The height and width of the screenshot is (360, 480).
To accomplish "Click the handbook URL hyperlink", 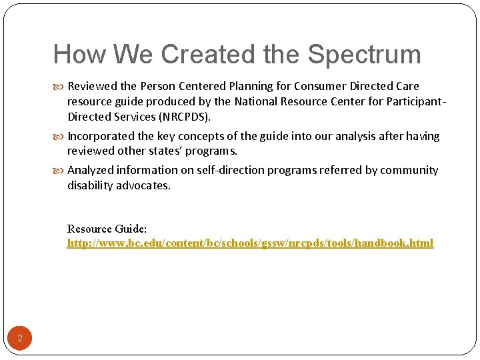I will click(250, 243).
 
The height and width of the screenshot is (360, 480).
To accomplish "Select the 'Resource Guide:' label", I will click(107, 229).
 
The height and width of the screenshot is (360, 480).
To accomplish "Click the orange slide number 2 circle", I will click(20, 339).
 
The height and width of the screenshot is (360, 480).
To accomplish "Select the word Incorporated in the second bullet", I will click(101, 136).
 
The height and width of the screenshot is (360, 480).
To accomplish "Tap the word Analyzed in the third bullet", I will click(91, 170).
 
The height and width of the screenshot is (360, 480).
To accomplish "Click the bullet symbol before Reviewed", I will click(61, 87).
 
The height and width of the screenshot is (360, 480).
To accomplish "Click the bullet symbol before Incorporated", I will click(61, 137).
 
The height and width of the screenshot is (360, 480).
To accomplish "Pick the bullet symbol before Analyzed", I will click(61, 171).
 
